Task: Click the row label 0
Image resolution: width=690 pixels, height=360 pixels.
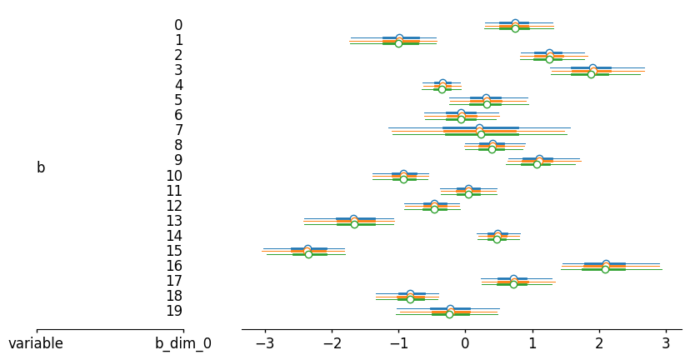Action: (x=178, y=25)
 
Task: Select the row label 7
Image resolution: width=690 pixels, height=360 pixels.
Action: (x=178, y=130)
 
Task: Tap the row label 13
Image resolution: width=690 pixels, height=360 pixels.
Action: (x=174, y=221)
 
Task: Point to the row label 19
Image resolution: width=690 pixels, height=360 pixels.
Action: (x=174, y=311)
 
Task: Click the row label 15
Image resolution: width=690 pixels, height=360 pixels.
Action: (x=174, y=251)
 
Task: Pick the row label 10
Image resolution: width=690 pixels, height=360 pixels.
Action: (x=174, y=176)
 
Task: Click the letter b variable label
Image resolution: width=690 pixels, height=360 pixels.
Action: (x=41, y=167)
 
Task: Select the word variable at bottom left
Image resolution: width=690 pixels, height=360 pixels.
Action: (x=36, y=343)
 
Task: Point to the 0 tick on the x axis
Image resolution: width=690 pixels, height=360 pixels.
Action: (x=465, y=343)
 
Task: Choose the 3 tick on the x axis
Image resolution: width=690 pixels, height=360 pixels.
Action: (x=666, y=343)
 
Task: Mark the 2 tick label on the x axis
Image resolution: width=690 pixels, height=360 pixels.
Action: (x=599, y=343)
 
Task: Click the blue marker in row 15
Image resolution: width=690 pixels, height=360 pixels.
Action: (x=307, y=248)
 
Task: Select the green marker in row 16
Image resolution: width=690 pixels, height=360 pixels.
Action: (x=605, y=269)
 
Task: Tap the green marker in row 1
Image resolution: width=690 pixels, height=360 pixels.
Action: (x=398, y=43)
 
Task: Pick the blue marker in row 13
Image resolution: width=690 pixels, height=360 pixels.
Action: (x=353, y=218)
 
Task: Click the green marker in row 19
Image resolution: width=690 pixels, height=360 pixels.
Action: (x=449, y=314)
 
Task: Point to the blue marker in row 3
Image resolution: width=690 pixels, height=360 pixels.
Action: (x=592, y=67)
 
